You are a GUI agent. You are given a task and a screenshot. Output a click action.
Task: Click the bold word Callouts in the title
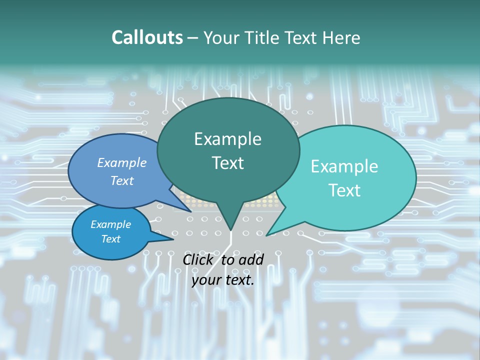tap(147, 37)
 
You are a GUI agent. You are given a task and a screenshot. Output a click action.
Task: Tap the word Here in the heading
tap(341, 37)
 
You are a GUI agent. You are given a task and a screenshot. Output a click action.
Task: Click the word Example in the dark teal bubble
tap(227, 139)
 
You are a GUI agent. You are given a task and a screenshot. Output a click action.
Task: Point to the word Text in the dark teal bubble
tap(227, 163)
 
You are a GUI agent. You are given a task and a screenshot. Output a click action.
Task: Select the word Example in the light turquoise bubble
tap(344, 166)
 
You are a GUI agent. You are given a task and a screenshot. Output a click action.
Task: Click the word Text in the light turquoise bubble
tap(344, 190)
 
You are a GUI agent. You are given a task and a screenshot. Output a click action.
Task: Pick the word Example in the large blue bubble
tap(121, 162)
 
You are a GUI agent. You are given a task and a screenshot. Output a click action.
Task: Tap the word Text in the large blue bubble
tap(121, 180)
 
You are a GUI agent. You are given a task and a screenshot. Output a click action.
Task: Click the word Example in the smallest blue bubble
tap(110, 224)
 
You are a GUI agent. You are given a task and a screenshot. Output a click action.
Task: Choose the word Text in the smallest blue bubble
tap(110, 239)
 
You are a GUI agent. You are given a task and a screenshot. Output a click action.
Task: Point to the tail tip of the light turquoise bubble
tap(267, 235)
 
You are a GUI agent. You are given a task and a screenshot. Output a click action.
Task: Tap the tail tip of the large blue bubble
tap(190, 211)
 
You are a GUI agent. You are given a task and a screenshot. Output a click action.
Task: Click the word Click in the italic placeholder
tap(199, 259)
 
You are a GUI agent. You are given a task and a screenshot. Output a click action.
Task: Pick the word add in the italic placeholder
tap(251, 259)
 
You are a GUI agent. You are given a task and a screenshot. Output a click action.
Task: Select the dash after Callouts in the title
tap(193, 37)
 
